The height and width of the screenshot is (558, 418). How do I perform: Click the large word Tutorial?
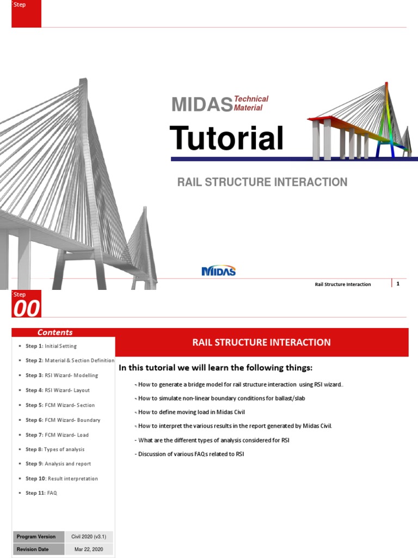(226, 138)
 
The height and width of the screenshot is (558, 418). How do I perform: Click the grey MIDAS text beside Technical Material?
(201, 104)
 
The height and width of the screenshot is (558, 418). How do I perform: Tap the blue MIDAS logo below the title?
(218, 270)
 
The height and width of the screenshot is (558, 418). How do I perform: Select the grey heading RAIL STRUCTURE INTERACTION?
(262, 182)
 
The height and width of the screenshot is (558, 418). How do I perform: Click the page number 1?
(398, 283)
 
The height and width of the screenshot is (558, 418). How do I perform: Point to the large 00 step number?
(27, 309)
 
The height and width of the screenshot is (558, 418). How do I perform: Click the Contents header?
(55, 332)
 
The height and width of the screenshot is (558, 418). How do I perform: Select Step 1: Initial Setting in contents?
(51, 346)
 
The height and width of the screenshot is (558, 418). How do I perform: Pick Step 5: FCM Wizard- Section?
(60, 405)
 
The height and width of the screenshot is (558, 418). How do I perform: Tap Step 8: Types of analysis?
(55, 449)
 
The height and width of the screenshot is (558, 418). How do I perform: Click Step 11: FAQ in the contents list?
(41, 493)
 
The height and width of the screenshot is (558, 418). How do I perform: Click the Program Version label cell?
(36, 537)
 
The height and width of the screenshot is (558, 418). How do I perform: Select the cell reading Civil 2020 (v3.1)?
(89, 537)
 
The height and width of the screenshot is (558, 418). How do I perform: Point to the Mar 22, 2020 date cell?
(89, 549)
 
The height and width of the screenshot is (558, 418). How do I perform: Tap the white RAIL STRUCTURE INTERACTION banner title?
(261, 342)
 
